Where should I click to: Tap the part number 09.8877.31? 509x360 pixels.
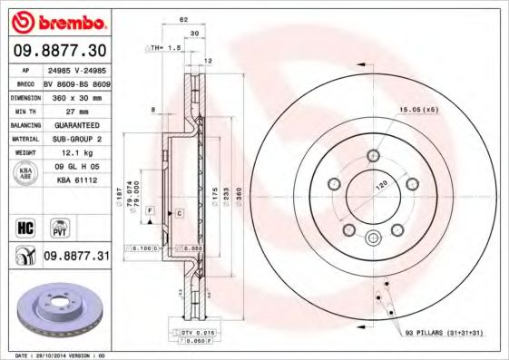point(75,258)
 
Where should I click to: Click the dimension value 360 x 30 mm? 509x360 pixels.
point(75,96)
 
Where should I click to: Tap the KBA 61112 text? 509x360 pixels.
point(75,181)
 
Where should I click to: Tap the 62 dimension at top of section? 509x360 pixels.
point(184,17)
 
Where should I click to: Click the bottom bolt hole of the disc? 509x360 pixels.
point(373,238)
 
